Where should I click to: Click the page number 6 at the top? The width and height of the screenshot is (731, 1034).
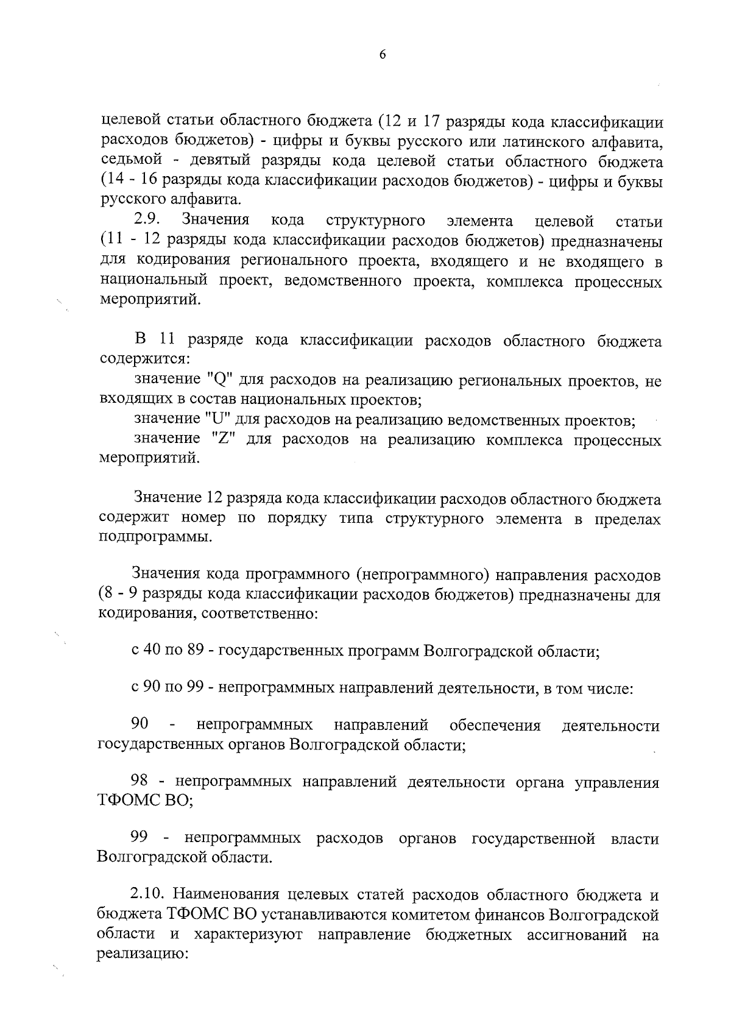tap(383, 54)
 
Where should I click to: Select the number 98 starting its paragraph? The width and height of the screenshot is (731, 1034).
tap(141, 782)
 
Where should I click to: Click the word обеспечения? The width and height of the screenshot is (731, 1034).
tap(495, 726)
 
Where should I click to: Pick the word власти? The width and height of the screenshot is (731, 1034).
tap(635, 839)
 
